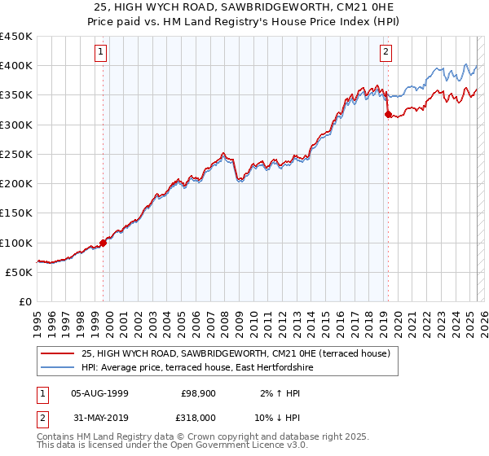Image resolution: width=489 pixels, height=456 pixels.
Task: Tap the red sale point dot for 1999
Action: click(104, 243)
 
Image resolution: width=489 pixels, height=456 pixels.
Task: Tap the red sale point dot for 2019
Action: click(388, 115)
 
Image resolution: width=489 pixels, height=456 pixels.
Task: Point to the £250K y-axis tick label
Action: click(16, 154)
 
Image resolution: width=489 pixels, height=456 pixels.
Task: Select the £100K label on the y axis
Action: click(16, 243)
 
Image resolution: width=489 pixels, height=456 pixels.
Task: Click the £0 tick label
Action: click(25, 302)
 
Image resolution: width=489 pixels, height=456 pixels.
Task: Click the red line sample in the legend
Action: click(58, 353)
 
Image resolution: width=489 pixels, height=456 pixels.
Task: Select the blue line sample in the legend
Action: click(58, 368)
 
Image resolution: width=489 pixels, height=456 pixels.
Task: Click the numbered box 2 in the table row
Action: click(40, 416)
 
